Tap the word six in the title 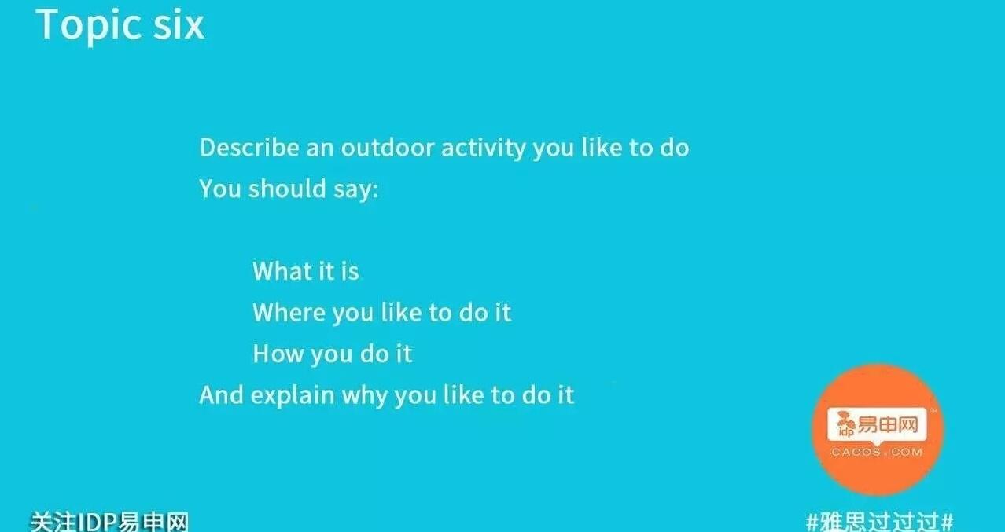[x=179, y=24]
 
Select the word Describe [x=249, y=148]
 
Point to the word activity [x=484, y=149]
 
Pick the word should [x=287, y=189]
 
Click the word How [x=278, y=353]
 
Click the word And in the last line [x=221, y=394]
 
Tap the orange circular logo [x=878, y=429]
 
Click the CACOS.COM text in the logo [x=877, y=453]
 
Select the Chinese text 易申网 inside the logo [x=888, y=424]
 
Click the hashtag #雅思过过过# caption [x=879, y=522]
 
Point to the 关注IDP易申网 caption [x=109, y=522]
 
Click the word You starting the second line [x=220, y=189]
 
